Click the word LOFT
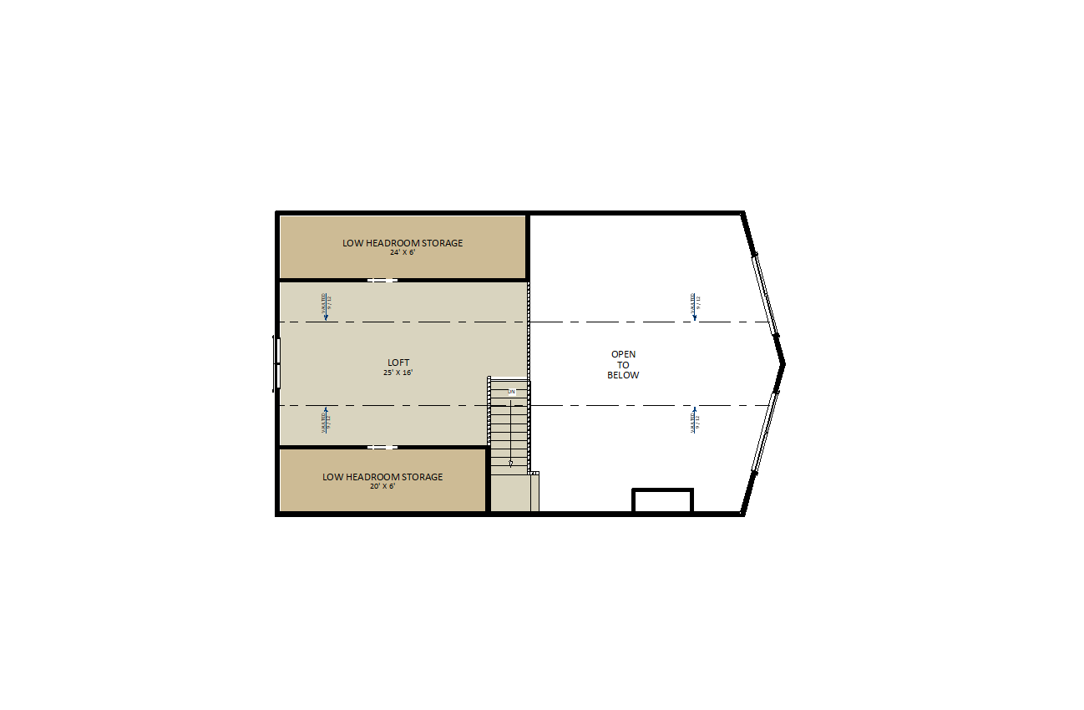pyautogui.click(x=398, y=363)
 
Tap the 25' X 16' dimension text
pyautogui.click(x=398, y=373)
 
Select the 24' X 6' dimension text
pyautogui.click(x=403, y=252)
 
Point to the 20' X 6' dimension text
pyautogui.click(x=382, y=486)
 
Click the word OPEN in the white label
pyautogui.click(x=623, y=354)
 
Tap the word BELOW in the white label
pyautogui.click(x=623, y=375)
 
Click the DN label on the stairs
pyautogui.click(x=511, y=392)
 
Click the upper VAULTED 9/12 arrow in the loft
pyautogui.click(x=326, y=307)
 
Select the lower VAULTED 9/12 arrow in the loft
pyautogui.click(x=326, y=419)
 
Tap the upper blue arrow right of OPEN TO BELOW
pyautogui.click(x=694, y=307)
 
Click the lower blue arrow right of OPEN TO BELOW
pyautogui.click(x=694, y=419)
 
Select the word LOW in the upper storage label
pyautogui.click(x=352, y=243)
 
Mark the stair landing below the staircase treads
pyautogui.click(x=511, y=494)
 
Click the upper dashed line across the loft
pyautogui.click(x=401, y=322)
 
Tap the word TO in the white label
pyautogui.click(x=623, y=365)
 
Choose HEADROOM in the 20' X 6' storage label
pyautogui.click(x=375, y=477)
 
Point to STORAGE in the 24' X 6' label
pyautogui.click(x=443, y=243)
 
